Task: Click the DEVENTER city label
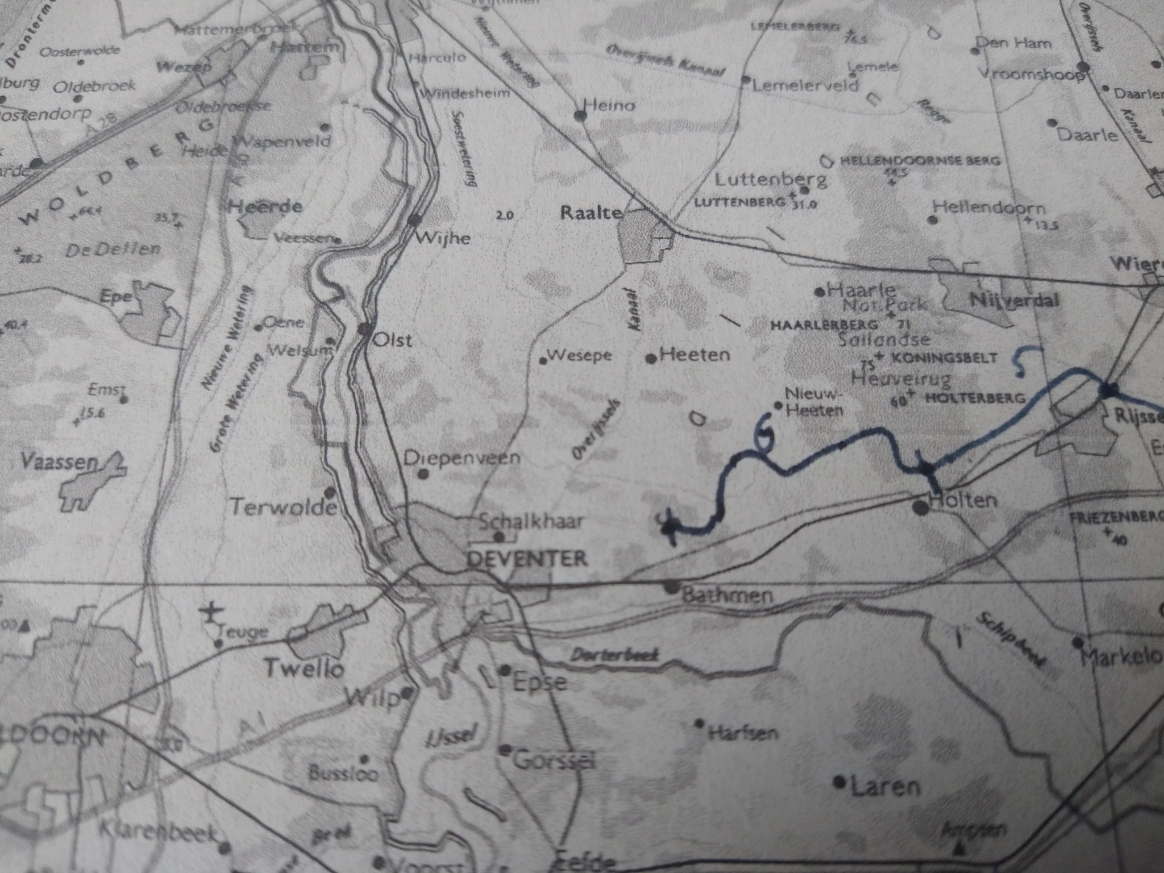tap(526, 558)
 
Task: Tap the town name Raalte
tap(591, 213)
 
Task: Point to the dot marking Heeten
tap(651, 359)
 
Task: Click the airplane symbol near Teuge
tap(213, 613)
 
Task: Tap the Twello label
tap(305, 669)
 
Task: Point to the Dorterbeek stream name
tap(614, 655)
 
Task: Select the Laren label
tap(885, 787)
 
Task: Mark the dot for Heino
tap(580, 116)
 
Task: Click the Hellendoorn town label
tap(990, 207)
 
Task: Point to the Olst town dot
tap(365, 329)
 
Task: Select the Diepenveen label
tap(462, 458)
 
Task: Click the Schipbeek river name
tap(1011, 639)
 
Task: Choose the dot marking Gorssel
tap(504, 750)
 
